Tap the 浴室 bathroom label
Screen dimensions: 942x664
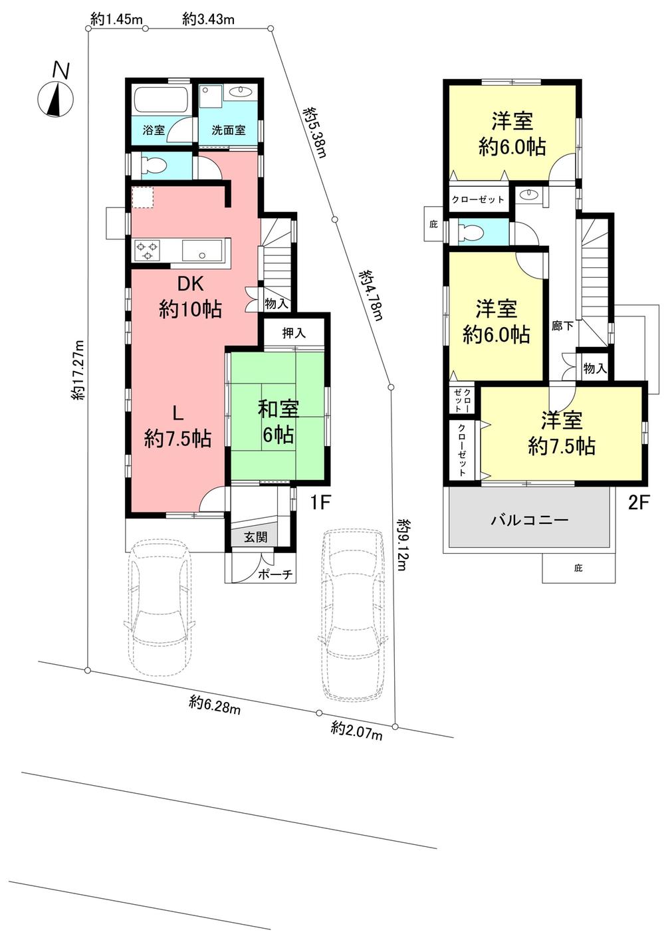[154, 130]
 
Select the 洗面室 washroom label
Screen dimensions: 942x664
[229, 130]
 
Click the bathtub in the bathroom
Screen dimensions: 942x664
[160, 101]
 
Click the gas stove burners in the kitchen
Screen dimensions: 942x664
[148, 251]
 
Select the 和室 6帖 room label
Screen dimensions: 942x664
[278, 421]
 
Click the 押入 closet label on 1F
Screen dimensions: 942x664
[293, 333]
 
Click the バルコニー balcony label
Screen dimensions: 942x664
[529, 520]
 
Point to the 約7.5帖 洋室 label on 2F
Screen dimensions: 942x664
[561, 433]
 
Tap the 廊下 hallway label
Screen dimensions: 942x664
[562, 326]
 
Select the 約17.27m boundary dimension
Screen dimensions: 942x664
[78, 370]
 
